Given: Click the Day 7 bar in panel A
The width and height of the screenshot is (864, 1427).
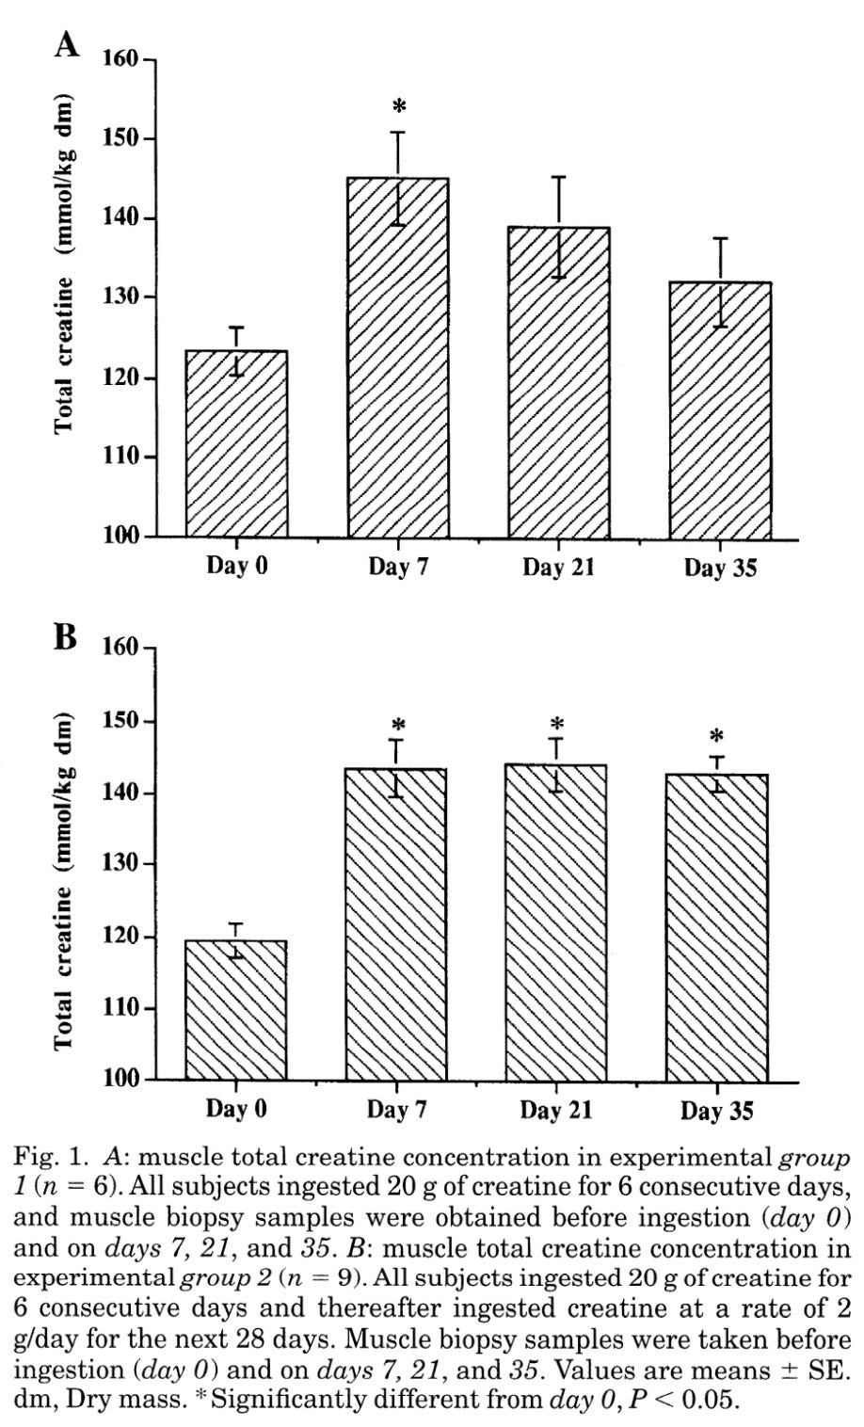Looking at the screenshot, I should [x=398, y=358].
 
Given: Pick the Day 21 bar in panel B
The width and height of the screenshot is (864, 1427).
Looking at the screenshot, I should [x=556, y=922].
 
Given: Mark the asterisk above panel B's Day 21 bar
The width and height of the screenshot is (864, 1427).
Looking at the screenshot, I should [x=557, y=725].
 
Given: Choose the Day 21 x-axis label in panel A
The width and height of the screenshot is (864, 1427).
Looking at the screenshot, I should [x=558, y=568].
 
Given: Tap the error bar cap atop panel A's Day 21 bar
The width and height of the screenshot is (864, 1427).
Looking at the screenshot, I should [x=559, y=177].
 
